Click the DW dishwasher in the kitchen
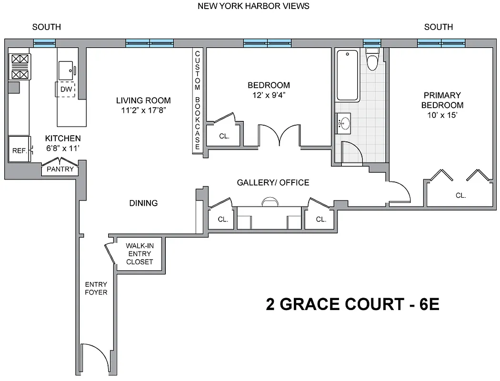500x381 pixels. point(66,89)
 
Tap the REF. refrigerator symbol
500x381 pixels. point(19,150)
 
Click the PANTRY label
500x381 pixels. point(60,169)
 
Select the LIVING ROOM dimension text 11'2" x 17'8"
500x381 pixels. point(143,110)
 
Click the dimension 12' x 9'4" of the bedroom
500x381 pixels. point(269,95)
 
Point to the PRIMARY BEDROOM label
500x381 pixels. point(442,100)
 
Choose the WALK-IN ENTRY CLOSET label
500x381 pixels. point(140,254)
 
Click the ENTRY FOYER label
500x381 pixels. point(96,288)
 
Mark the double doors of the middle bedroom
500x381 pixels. point(280,136)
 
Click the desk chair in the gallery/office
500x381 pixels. point(269,202)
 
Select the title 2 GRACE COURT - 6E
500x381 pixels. point(352,305)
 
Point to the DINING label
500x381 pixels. point(143,203)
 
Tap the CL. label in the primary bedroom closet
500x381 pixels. point(460,195)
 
